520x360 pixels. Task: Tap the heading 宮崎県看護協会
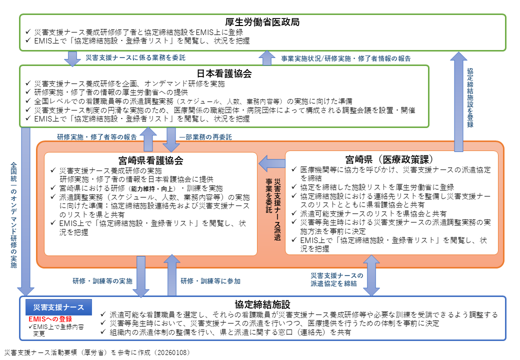[x=151, y=160]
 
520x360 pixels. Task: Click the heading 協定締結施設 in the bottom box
[x=262, y=304]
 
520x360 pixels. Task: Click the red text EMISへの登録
[x=49, y=319]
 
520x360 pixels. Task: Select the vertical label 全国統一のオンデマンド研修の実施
[x=14, y=215]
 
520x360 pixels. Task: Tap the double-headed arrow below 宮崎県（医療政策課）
[x=371, y=275]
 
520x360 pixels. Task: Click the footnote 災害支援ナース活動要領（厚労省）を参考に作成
[x=97, y=352]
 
